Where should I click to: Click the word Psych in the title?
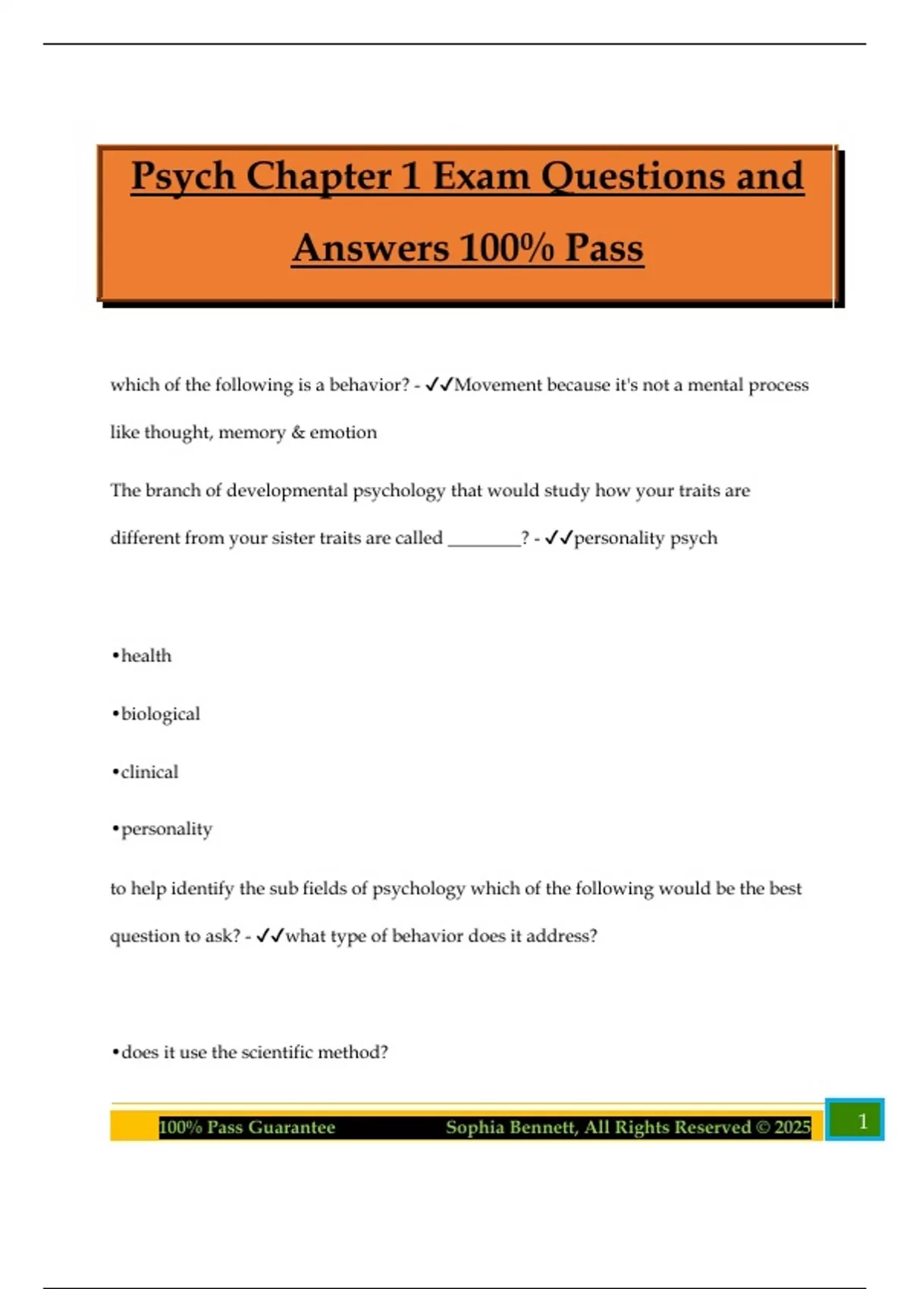183,177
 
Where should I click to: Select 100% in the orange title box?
507,249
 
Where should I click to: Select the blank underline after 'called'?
484,538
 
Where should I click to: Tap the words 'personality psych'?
645,538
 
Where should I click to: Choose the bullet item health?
146,656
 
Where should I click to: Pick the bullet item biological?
160,714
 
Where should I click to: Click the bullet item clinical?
149,772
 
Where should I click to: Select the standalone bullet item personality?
166,829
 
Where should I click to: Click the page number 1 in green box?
861,1121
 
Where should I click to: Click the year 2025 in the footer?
792,1127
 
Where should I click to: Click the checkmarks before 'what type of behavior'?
269,936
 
